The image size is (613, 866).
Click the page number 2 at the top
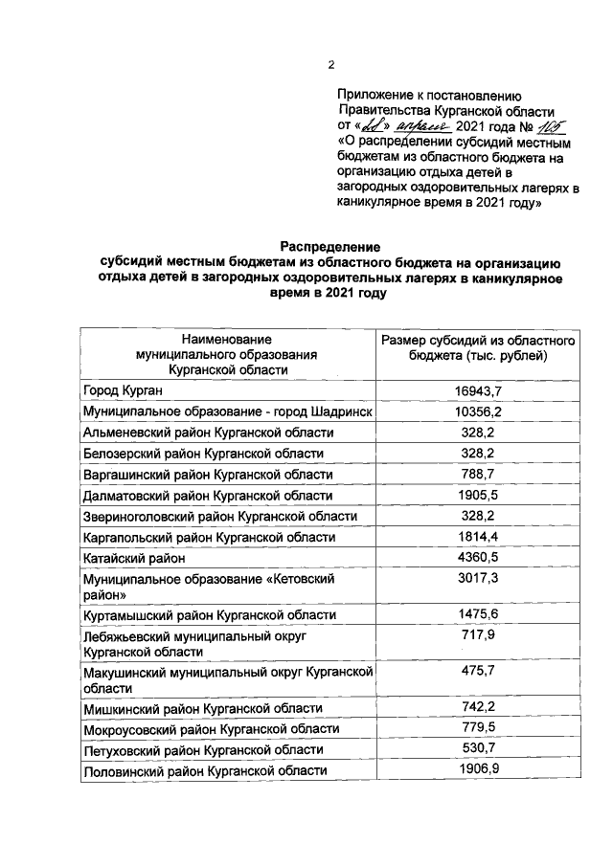pos(331,65)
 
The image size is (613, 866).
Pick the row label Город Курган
pos(123,390)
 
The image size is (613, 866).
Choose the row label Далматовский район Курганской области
pos(208,496)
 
